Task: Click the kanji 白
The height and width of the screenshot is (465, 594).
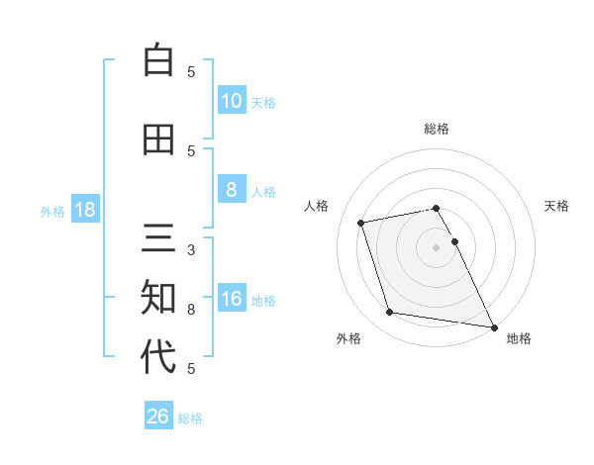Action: pyautogui.click(x=158, y=60)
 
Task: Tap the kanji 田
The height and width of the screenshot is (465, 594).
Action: pyautogui.click(x=158, y=139)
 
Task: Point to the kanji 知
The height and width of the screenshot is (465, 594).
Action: pyautogui.click(x=158, y=298)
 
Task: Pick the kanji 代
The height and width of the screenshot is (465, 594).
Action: pyautogui.click(x=158, y=357)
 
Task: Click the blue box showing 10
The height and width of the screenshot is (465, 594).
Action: pyautogui.click(x=231, y=101)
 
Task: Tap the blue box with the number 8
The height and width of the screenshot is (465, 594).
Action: pyautogui.click(x=231, y=190)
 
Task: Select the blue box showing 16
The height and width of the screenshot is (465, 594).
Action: pyautogui.click(x=231, y=299)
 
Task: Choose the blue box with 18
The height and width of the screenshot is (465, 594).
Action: pyautogui.click(x=84, y=210)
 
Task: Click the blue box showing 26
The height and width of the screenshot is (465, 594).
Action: pyautogui.click(x=158, y=417)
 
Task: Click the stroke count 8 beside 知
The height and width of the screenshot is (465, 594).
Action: pyautogui.click(x=191, y=310)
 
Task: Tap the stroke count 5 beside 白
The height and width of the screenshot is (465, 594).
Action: pyautogui.click(x=191, y=72)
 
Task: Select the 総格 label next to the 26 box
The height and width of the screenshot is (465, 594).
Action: pyautogui.click(x=190, y=418)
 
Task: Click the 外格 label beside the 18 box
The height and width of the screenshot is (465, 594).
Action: pyautogui.click(x=52, y=211)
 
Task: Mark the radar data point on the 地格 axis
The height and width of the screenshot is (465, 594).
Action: pyautogui.click(x=493, y=326)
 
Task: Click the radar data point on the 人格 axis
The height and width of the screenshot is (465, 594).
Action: pyautogui.click(x=361, y=222)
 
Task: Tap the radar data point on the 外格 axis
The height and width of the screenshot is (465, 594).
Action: pyautogui.click(x=390, y=313)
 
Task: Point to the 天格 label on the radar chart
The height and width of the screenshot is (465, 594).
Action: pyautogui.click(x=557, y=206)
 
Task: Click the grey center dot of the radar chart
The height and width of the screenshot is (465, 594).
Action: pyautogui.click(x=436, y=246)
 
